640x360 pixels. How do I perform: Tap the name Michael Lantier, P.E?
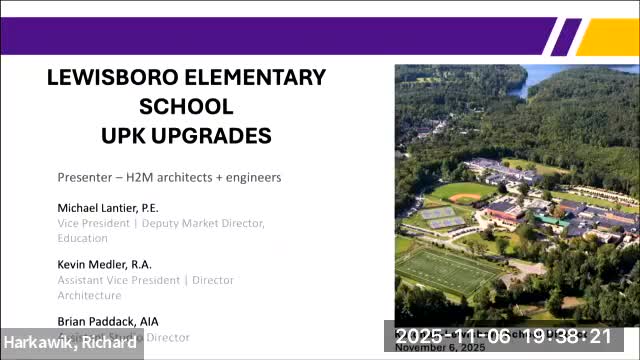pos(108,208)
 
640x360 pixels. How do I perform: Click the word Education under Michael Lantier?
pos(82,238)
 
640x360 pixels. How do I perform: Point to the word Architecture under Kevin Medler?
pos(89,295)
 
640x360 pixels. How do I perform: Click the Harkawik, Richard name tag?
pos(69,343)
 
